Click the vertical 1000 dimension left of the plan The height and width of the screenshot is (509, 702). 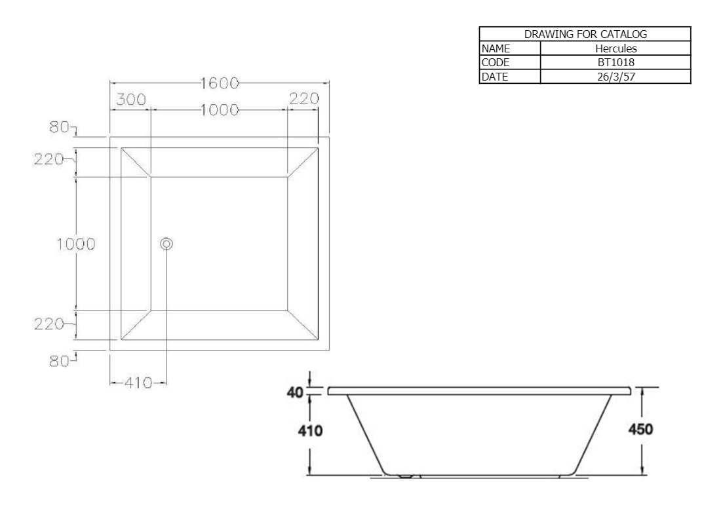coord(76,244)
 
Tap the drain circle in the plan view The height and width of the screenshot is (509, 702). coord(166,244)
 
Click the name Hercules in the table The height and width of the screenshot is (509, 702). coord(615,48)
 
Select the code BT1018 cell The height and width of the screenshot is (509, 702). coord(615,63)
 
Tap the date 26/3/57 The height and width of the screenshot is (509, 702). coord(615,77)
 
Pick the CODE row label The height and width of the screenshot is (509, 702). coord(496,63)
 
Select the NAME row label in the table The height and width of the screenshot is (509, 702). coord(496,48)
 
